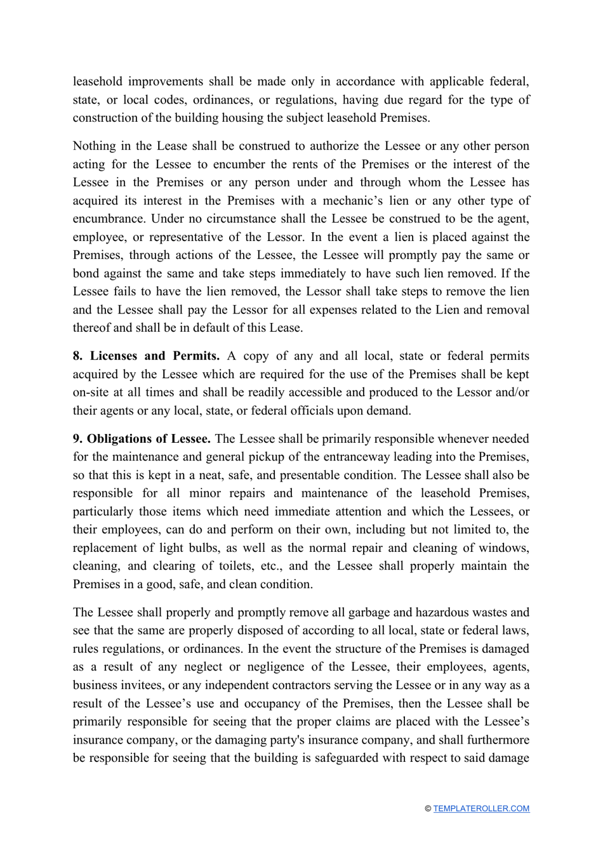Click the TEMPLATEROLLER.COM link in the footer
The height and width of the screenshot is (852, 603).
tap(481, 808)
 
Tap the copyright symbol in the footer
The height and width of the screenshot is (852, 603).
tap(428, 808)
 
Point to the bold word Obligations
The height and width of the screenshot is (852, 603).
tap(117, 439)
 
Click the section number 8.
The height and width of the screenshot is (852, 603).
tap(77, 356)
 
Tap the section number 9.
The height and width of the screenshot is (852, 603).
tap(77, 439)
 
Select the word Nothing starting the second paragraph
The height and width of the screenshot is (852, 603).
tap(95, 146)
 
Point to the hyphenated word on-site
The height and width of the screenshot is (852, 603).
tap(88, 393)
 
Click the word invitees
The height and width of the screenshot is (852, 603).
tap(143, 685)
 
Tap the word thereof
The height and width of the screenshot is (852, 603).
tap(93, 328)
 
